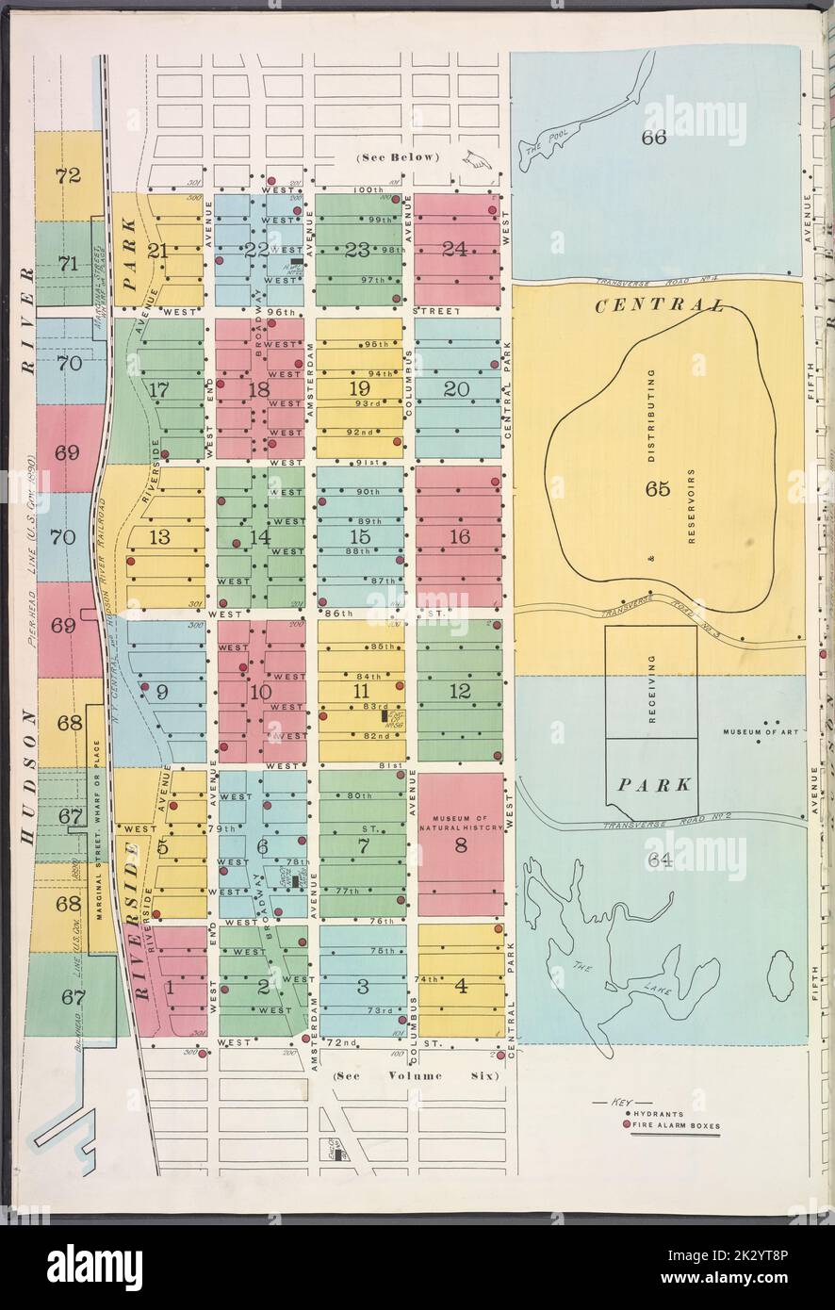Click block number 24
tap(454, 250)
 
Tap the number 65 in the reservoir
tap(657, 488)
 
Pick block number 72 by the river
tap(68, 174)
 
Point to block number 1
tap(170, 988)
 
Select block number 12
tap(460, 691)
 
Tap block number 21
tap(157, 251)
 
